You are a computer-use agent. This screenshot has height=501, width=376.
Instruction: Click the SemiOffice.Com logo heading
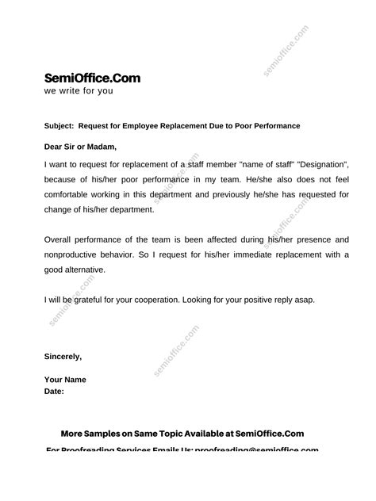93,78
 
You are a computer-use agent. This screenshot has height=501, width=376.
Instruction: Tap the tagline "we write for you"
79,91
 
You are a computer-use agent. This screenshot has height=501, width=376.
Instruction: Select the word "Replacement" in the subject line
178,126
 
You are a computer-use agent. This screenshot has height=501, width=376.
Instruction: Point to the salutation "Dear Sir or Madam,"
80,146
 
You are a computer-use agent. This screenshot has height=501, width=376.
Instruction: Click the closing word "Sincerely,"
63,357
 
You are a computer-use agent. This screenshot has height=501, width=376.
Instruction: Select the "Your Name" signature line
65,380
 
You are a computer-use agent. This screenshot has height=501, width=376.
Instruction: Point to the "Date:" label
54,392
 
